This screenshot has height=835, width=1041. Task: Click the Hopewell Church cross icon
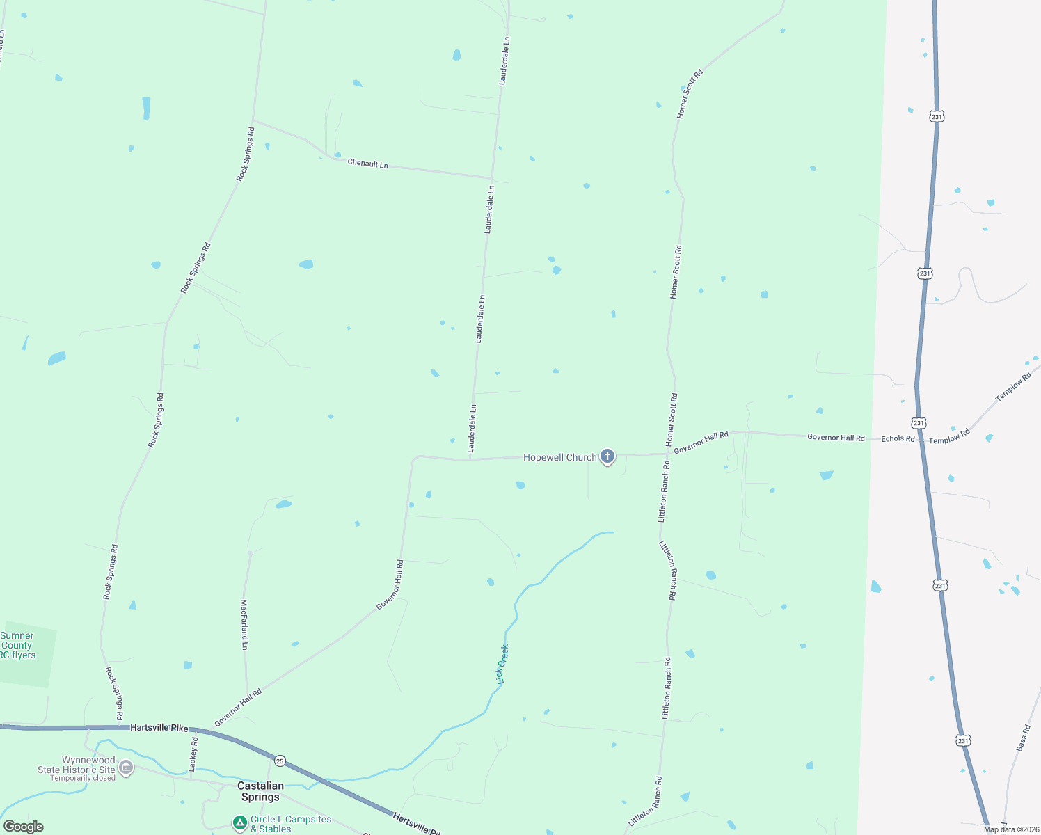[607, 456]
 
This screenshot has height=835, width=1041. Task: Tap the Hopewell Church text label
[559, 457]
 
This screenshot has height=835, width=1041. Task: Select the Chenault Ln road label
[367, 164]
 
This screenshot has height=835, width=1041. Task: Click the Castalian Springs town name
[260, 791]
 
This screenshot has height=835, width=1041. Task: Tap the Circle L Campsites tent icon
[239, 823]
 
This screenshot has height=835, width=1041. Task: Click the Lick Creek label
[502, 665]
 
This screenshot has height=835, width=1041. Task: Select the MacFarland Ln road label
[244, 624]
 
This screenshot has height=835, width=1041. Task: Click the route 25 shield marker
[280, 760]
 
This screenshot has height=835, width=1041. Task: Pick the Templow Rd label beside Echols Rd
[949, 437]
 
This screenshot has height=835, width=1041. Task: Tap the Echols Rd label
[898, 438]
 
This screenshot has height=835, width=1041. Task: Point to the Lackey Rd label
[193, 754]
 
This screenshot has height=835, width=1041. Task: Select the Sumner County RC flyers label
[17, 645]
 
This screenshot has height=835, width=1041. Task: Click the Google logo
[23, 827]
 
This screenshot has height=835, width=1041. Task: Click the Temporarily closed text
[83, 778]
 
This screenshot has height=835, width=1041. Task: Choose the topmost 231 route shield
[937, 117]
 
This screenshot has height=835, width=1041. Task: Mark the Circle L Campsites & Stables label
[290, 824]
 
